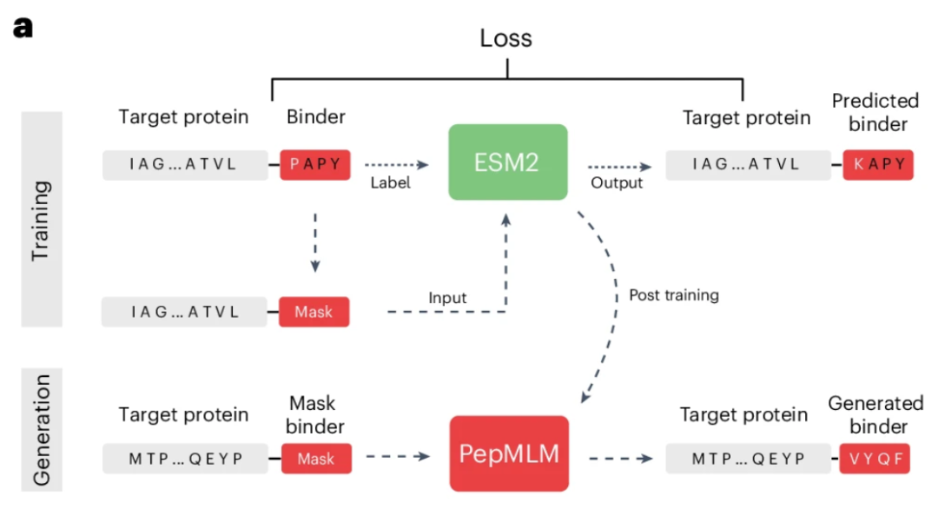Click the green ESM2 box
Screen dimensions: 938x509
pos(508,162)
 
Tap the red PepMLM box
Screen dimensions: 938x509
pos(509,453)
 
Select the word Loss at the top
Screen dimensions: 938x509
pos(506,38)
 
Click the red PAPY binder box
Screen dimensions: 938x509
pos(315,164)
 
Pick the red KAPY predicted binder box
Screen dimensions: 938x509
pos(878,164)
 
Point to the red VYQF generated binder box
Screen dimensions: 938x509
pos(875,459)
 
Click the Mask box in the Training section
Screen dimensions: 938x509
pos(314,312)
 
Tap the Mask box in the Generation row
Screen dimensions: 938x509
pos(316,459)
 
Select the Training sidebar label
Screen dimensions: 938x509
pos(42,219)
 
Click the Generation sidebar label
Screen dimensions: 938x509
pos(42,429)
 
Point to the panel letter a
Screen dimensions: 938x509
pos(23,28)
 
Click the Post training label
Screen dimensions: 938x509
pos(674,294)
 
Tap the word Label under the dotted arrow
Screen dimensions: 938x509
pos(390,182)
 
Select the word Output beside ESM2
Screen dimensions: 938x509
pos(617,182)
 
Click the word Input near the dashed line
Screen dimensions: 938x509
pos(447,297)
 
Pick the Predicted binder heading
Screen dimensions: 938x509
pos(876,112)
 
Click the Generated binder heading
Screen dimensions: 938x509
pos(876,414)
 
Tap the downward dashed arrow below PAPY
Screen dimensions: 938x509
pos(315,242)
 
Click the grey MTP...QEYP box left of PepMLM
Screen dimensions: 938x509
pos(186,459)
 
